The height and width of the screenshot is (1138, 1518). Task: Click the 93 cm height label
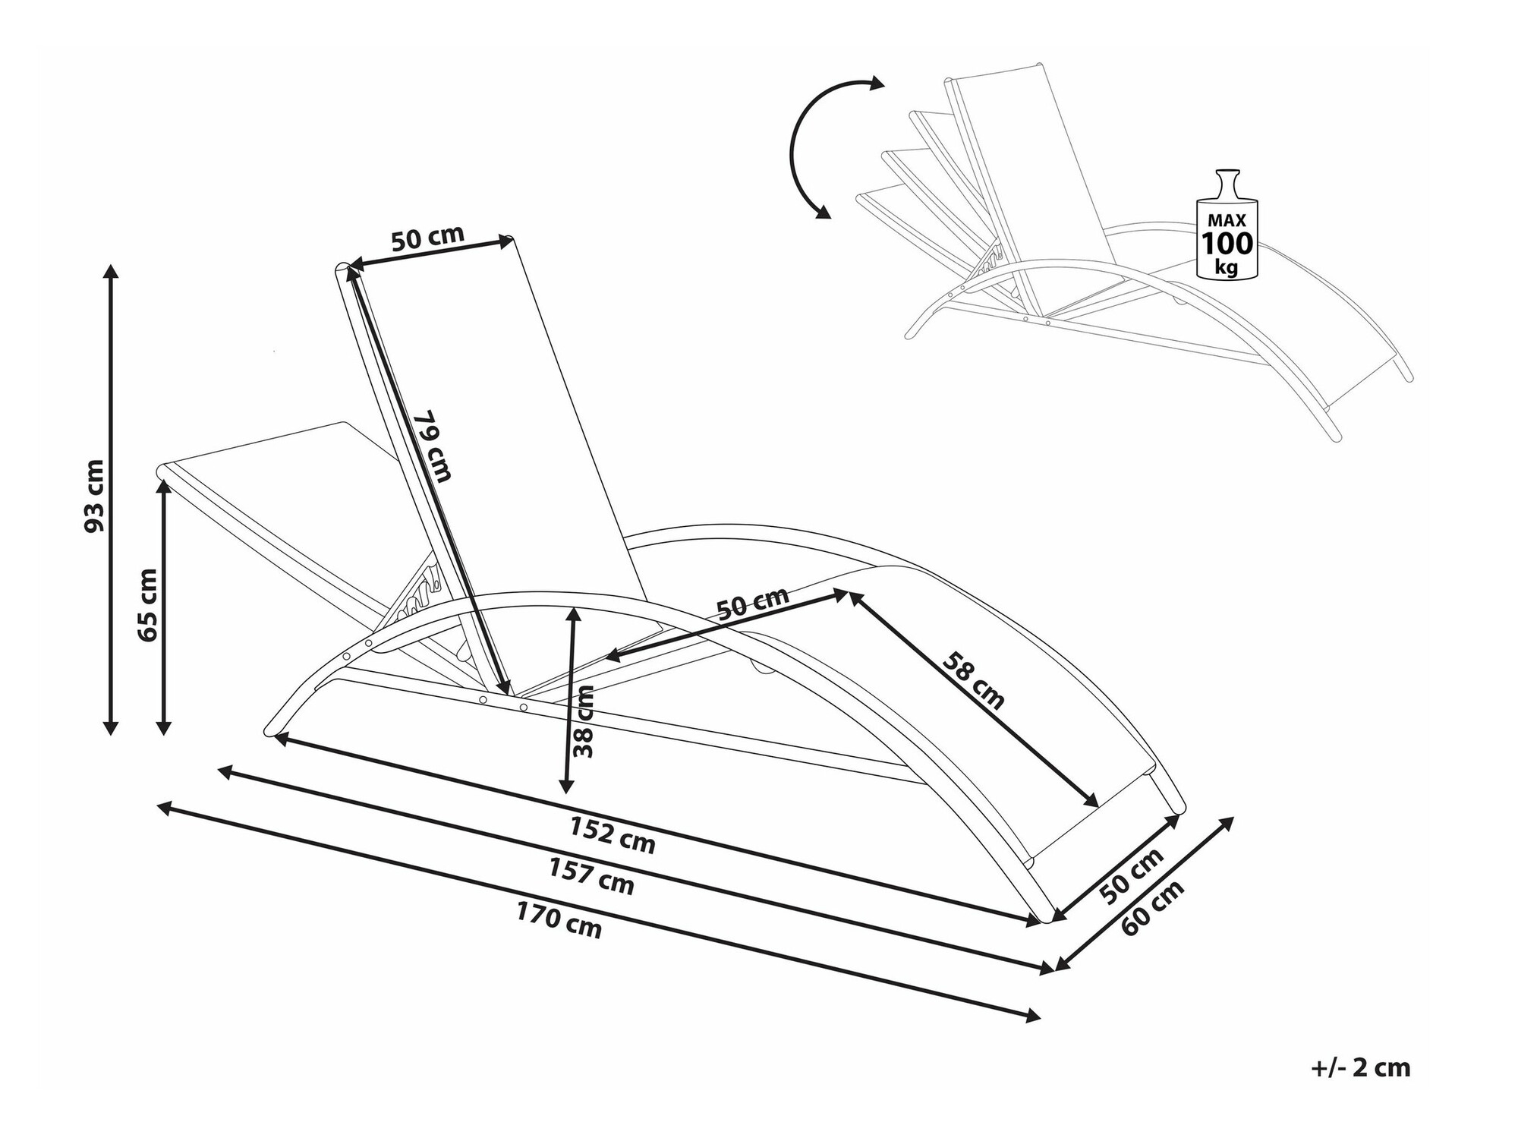coord(94,496)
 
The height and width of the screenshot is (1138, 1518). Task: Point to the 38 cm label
coord(584,721)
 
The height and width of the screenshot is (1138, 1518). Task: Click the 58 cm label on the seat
coord(974,680)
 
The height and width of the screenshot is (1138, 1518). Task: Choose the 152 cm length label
coord(613,835)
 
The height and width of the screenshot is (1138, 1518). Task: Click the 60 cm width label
coord(1152,908)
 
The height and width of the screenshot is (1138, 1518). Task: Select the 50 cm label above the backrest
coord(427,238)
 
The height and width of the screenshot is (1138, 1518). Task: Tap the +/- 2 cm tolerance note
coord(1360,1068)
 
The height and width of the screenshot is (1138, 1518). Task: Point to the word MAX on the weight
coord(1226,220)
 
